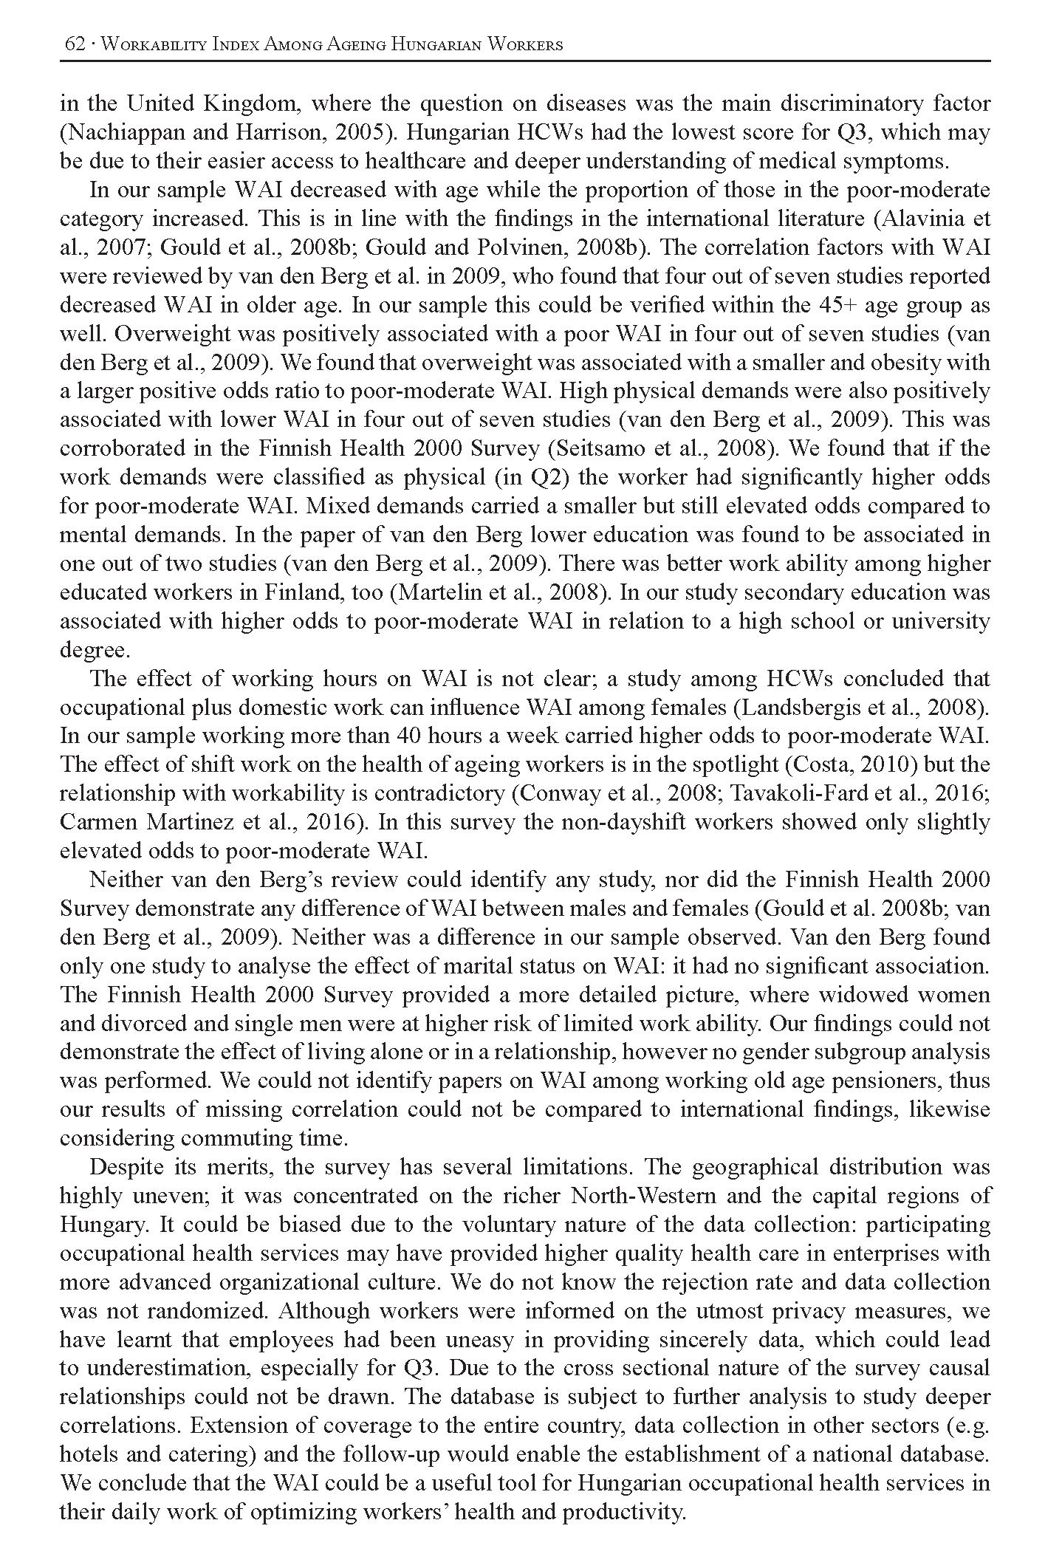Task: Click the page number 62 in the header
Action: click(75, 44)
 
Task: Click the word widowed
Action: click(859, 995)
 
